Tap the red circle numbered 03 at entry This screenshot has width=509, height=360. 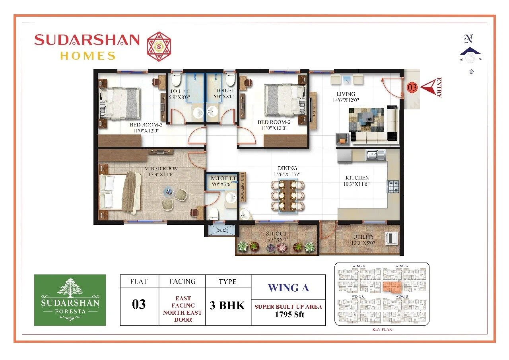coord(412,88)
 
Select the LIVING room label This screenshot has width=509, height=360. coord(345,94)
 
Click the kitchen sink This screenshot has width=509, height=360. coord(375,154)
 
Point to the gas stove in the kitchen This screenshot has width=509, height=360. coord(393,186)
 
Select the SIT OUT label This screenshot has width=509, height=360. coord(276,234)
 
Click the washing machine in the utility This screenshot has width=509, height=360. coord(392,238)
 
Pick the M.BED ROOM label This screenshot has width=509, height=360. coord(161,168)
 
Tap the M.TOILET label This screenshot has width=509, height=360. coord(223,178)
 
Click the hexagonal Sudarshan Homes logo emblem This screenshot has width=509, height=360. coord(159,46)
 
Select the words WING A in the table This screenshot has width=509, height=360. coord(288,288)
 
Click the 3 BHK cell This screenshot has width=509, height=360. coord(227,305)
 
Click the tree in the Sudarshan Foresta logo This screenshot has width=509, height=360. coord(70,287)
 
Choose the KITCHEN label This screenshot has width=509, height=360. coord(357,178)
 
